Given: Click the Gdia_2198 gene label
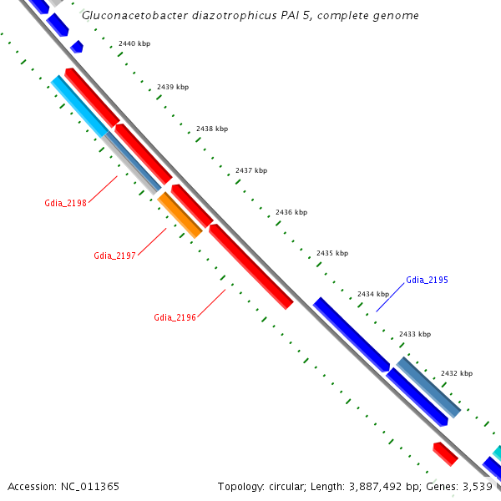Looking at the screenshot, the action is pyautogui.click(x=66, y=203).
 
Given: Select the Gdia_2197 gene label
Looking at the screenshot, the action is pyautogui.click(x=115, y=256).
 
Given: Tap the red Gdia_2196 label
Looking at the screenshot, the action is pyautogui.click(x=175, y=317).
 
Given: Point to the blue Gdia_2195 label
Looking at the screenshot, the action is pyautogui.click(x=427, y=280).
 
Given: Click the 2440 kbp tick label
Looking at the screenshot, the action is pyautogui.click(x=134, y=43).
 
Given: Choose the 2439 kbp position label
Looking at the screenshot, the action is pyautogui.click(x=173, y=87).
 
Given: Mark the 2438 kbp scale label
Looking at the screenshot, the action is pyautogui.click(x=212, y=129).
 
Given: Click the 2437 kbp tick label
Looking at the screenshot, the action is pyautogui.click(x=251, y=170).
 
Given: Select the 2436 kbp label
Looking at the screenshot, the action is pyautogui.click(x=291, y=212).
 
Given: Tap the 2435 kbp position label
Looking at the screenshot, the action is pyautogui.click(x=332, y=253).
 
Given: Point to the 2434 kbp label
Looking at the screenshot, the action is pyautogui.click(x=373, y=294).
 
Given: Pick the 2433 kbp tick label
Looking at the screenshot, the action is pyautogui.click(x=415, y=334).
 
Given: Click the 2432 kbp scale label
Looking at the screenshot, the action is pyautogui.click(x=457, y=373).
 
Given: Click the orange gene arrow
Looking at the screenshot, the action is pyautogui.click(x=180, y=215).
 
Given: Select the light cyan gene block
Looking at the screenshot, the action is pyautogui.click(x=79, y=106).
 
